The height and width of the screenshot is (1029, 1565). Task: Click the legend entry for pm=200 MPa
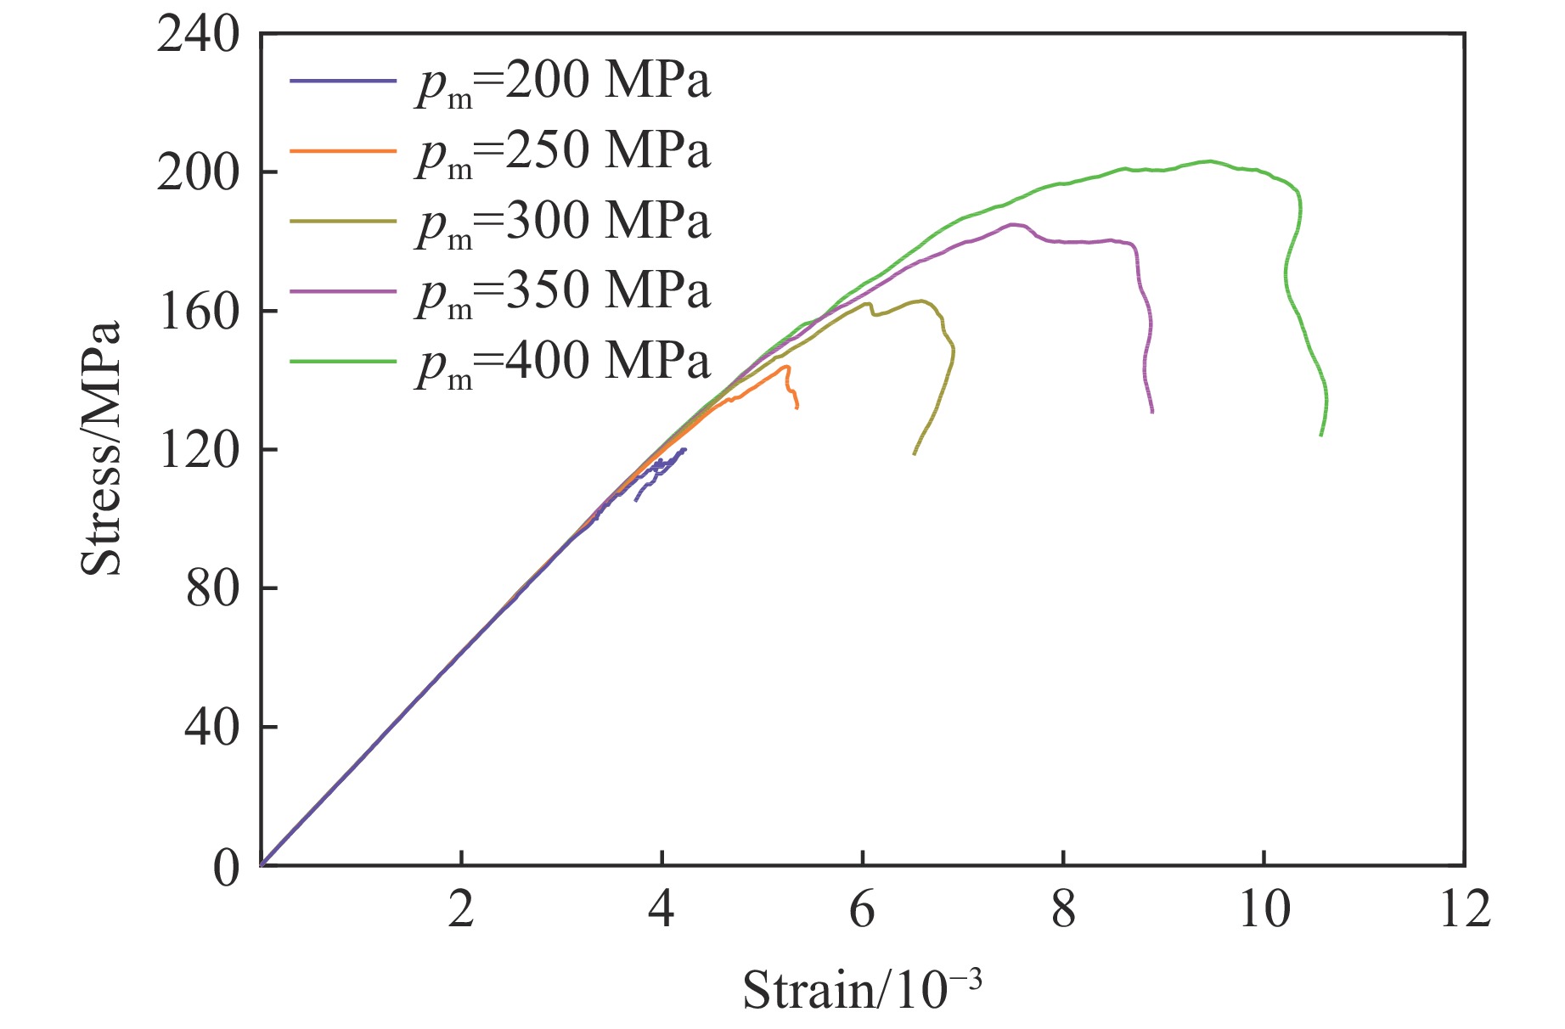click(x=562, y=82)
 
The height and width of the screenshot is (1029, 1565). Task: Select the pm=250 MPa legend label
click(x=562, y=152)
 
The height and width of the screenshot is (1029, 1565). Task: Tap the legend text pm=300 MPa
click(x=562, y=222)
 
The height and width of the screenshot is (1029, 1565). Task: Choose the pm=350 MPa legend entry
click(x=562, y=291)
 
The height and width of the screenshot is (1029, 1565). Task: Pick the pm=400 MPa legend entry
click(x=562, y=361)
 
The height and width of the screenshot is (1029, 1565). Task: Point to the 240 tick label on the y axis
click(x=198, y=37)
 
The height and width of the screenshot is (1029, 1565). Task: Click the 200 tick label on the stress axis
click(x=198, y=174)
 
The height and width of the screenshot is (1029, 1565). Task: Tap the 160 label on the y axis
click(x=198, y=312)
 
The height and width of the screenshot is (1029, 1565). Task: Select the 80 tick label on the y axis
click(x=212, y=589)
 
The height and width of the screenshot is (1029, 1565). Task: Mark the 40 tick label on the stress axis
click(x=212, y=728)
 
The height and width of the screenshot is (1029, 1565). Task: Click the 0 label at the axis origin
click(x=226, y=868)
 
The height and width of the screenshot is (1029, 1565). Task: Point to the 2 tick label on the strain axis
click(x=461, y=910)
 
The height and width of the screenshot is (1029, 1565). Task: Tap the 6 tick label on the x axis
click(x=862, y=910)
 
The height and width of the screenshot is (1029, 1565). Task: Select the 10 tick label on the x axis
click(x=1264, y=910)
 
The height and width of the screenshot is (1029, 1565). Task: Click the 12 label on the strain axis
click(x=1465, y=910)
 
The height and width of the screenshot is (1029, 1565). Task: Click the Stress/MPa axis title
click(x=101, y=448)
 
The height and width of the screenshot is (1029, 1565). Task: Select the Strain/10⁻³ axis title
click(x=862, y=989)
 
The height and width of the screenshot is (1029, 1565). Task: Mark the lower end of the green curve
click(x=1320, y=436)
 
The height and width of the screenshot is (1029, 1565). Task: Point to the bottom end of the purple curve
click(x=1152, y=413)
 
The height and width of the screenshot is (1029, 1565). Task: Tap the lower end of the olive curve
click(x=914, y=454)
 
